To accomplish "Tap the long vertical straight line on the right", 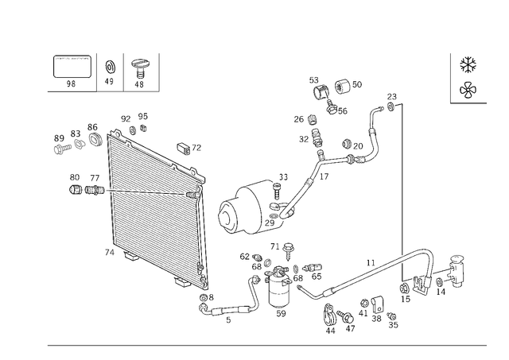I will [x=402, y=175].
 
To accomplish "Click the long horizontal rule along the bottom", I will [x=266, y=344].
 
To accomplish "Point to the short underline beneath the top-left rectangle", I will [x=72, y=91].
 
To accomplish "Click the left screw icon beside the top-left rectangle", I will [x=112, y=71].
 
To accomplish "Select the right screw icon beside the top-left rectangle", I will [x=141, y=72].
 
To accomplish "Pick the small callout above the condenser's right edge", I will [x=185, y=148].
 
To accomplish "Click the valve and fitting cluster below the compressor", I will [x=274, y=274].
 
